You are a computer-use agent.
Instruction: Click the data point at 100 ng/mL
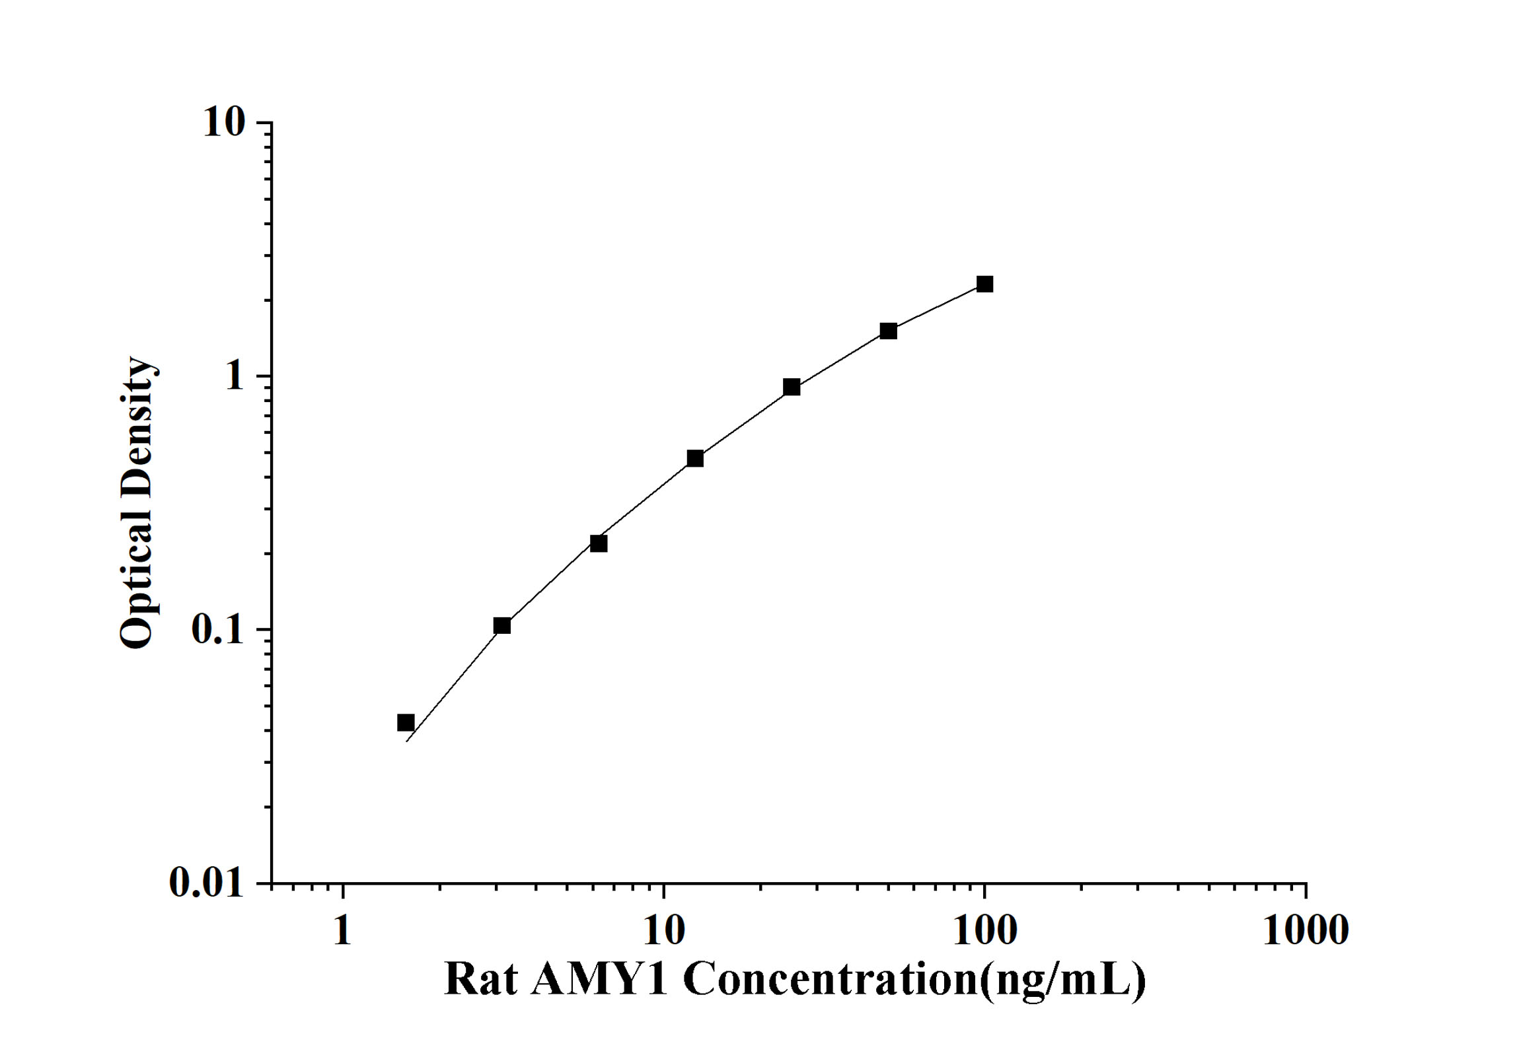point(984,284)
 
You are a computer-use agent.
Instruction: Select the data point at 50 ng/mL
point(888,331)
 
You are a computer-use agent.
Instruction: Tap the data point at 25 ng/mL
point(792,387)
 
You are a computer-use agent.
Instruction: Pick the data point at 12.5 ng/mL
point(695,458)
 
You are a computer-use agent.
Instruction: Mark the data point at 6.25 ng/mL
point(599,543)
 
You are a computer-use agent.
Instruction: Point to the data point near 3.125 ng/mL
point(502,625)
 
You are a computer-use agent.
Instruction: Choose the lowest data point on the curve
point(406,722)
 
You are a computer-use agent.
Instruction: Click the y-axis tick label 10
point(224,123)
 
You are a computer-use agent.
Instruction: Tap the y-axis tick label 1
point(235,376)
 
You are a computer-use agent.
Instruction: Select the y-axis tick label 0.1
point(218,630)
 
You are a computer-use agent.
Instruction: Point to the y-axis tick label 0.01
point(207,882)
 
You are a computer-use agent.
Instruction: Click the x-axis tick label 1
point(342,930)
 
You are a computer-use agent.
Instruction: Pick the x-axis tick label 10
point(663,930)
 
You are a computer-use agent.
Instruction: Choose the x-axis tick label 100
point(984,930)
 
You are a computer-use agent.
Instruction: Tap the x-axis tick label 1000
point(1306,930)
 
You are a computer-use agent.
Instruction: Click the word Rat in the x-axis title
point(480,978)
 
